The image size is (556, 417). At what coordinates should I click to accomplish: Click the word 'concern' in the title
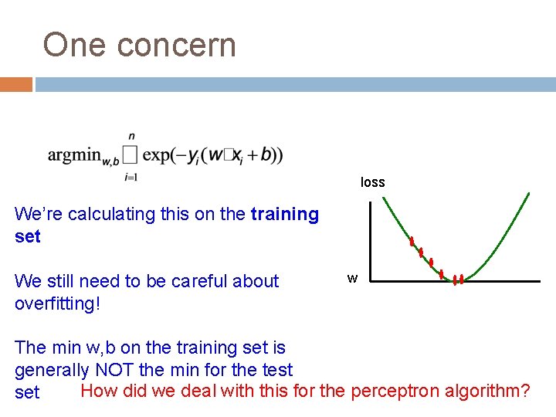point(177,46)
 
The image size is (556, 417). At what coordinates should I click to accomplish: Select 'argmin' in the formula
point(73,155)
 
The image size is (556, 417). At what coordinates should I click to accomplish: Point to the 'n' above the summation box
point(131,136)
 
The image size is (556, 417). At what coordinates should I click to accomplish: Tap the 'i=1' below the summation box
point(131,178)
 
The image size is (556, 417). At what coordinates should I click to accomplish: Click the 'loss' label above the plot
point(372,183)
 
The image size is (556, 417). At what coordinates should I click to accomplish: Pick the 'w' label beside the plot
point(352,279)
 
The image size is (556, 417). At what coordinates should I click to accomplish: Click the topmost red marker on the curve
point(412,241)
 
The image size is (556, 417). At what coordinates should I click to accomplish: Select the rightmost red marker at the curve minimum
point(461,279)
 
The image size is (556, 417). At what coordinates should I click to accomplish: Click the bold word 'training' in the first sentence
point(285,214)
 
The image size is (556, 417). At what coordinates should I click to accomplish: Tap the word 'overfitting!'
point(58,303)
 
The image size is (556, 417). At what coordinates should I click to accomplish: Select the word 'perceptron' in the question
point(395,391)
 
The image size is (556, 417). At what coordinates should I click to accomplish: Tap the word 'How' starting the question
point(99,391)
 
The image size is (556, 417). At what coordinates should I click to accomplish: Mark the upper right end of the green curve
point(528,194)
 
